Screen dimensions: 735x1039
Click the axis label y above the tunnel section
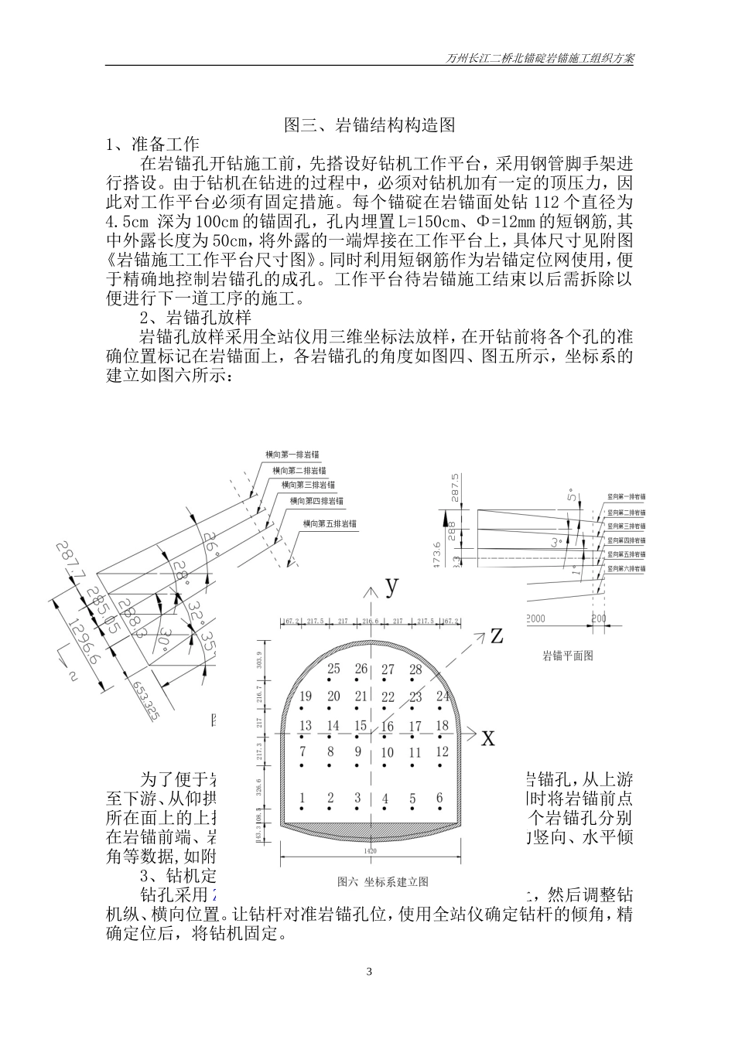tap(392, 585)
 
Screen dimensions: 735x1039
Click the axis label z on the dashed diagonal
tap(496, 636)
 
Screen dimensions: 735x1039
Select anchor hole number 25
tap(333, 669)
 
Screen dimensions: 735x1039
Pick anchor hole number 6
tap(439, 799)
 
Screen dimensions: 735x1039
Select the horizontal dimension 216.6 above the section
tap(371, 622)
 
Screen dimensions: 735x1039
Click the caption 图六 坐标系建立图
tap(383, 881)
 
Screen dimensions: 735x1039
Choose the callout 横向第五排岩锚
tap(330, 523)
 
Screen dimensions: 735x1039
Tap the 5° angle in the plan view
tap(572, 496)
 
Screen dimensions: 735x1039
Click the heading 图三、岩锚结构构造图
tap(368, 124)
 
